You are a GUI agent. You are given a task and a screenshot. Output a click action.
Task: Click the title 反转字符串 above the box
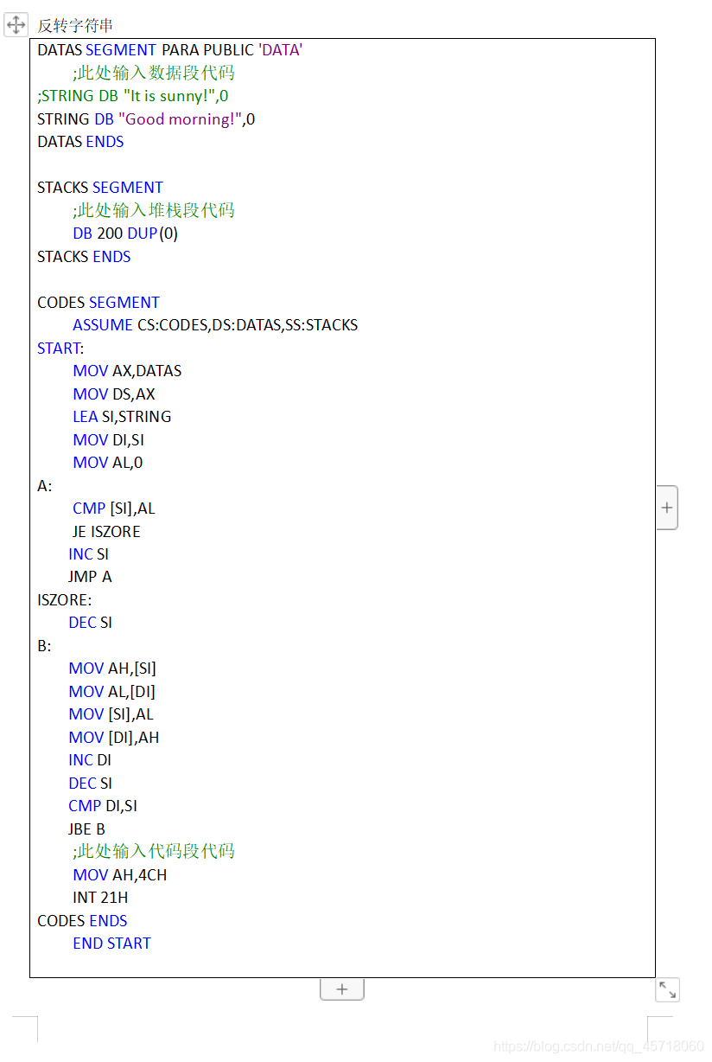point(75,26)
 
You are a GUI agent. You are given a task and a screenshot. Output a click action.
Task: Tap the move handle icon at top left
point(16,25)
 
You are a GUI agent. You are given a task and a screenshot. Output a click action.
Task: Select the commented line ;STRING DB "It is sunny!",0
point(132,96)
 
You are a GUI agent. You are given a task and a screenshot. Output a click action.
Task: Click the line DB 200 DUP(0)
point(125,234)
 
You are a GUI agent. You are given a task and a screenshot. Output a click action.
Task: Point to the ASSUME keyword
point(103,325)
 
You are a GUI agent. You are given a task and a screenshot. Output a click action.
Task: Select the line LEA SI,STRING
point(122,417)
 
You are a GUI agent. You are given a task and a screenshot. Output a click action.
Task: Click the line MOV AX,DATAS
point(127,371)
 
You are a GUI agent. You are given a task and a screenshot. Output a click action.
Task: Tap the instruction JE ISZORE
point(106,531)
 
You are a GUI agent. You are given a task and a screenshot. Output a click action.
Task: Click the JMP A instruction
point(90,577)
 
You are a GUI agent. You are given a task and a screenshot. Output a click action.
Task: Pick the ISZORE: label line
point(64,599)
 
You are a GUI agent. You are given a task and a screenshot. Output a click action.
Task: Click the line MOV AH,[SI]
point(112,669)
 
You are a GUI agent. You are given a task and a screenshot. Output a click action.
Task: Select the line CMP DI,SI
point(103,806)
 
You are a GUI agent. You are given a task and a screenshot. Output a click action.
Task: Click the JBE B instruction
point(86,828)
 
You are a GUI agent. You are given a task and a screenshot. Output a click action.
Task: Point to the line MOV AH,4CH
point(120,875)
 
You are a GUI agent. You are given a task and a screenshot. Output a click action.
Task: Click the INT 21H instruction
point(100,898)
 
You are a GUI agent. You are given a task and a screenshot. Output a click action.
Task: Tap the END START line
point(111,944)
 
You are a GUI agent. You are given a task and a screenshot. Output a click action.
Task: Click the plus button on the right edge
point(667,508)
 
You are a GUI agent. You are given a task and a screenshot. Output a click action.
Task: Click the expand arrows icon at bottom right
point(667,989)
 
